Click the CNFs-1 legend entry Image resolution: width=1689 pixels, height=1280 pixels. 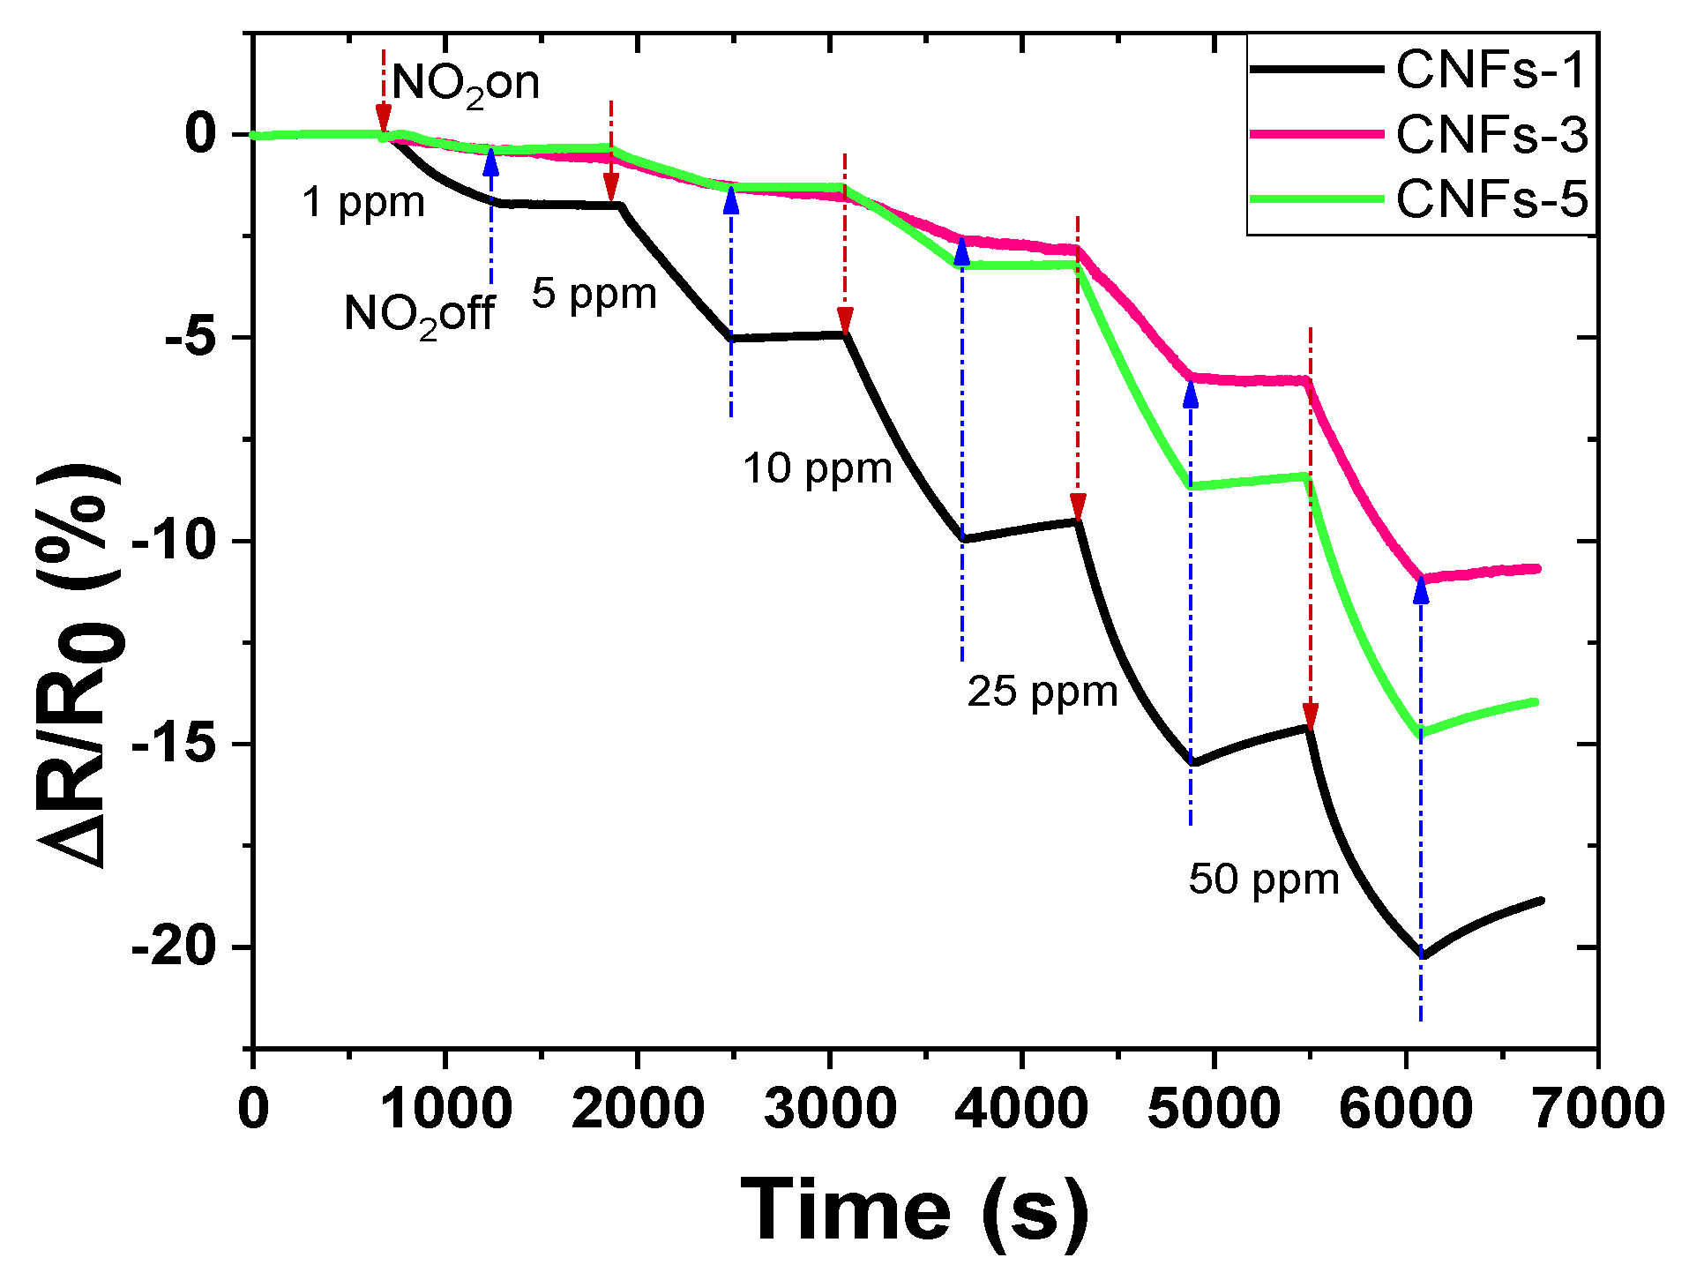(1491, 70)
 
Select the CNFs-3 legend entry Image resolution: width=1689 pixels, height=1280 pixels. (1491, 135)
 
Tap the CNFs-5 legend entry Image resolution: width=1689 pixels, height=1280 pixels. (1491, 199)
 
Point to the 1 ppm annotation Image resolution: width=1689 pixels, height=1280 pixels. (363, 203)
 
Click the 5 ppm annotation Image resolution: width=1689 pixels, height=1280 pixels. (594, 294)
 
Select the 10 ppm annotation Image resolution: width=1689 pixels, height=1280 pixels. (818, 468)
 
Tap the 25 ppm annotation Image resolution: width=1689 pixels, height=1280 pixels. (1043, 692)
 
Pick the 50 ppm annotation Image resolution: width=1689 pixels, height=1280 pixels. (1264, 880)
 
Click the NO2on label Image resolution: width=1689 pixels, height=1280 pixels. (465, 85)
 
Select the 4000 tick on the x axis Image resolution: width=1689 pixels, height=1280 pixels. (1021, 1108)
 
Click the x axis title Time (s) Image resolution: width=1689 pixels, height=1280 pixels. (914, 1210)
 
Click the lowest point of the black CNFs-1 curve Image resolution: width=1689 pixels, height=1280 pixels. (1422, 955)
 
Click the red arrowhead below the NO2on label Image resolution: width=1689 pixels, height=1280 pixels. (383, 117)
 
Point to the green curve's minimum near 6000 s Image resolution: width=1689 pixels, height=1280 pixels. (1420, 733)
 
